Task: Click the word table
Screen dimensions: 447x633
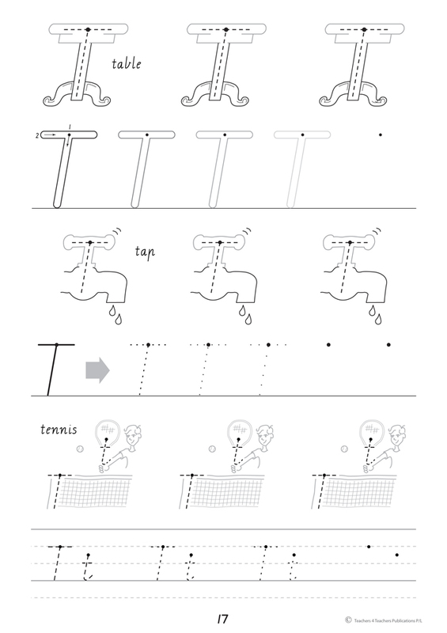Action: pos(127,64)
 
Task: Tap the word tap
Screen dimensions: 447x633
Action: pos(145,252)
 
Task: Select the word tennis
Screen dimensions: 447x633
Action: pos(59,429)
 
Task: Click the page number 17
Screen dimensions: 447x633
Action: pos(222,619)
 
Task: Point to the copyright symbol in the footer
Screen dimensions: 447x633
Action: pos(348,620)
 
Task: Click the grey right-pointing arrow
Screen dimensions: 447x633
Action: pos(97,370)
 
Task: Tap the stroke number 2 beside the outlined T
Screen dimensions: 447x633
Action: pos(37,136)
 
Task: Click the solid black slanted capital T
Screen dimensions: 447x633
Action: pos(55,370)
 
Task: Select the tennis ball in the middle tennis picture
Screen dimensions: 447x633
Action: pos(212,449)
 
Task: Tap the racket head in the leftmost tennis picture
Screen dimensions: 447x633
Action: pos(106,432)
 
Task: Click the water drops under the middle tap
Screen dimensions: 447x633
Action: pos(245,315)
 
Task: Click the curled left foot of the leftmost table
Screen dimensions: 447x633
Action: pos(52,100)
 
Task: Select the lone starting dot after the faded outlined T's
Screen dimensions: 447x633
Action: pos(380,135)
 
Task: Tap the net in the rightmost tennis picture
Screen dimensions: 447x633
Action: pos(359,491)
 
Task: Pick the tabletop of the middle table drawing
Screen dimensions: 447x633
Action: pos(226,29)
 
